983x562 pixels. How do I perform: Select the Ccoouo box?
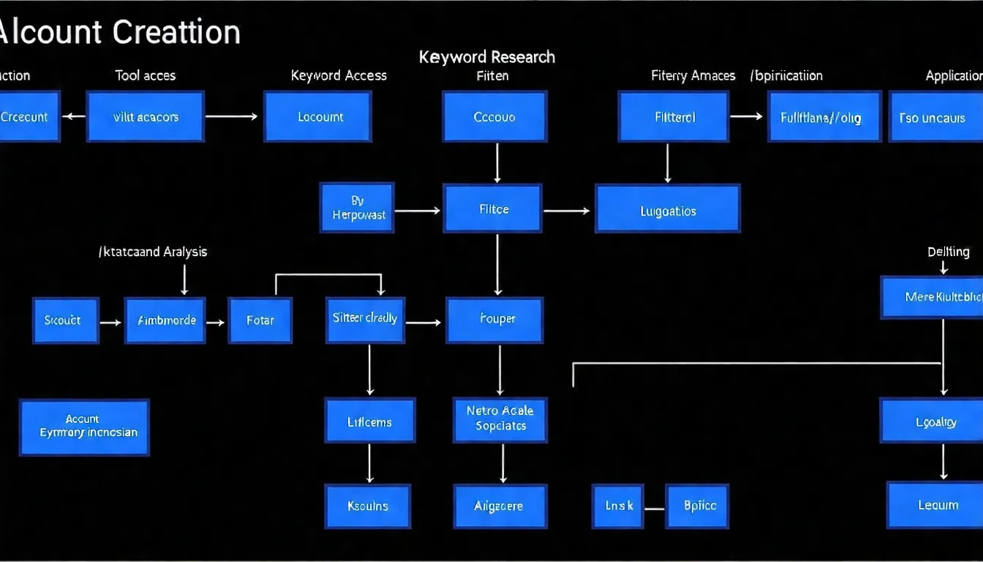pos(494,116)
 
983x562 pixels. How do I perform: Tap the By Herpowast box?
pos(357,208)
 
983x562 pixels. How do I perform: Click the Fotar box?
pos(260,321)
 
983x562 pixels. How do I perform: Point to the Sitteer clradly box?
pos(365,320)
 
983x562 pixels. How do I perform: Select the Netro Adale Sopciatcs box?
pos(500,419)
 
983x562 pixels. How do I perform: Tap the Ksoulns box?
pos(368,506)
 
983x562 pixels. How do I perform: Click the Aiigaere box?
pos(500,506)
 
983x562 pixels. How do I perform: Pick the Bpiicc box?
pos(698,506)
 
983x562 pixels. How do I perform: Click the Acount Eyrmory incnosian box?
pos(85,427)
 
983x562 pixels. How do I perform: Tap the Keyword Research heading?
pos(487,57)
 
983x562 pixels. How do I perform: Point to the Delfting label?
pos(948,252)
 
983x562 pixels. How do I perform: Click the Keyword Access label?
pos(339,75)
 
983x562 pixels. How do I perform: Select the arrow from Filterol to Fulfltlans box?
pos(747,116)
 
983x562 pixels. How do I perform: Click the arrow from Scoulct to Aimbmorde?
pos(110,322)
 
